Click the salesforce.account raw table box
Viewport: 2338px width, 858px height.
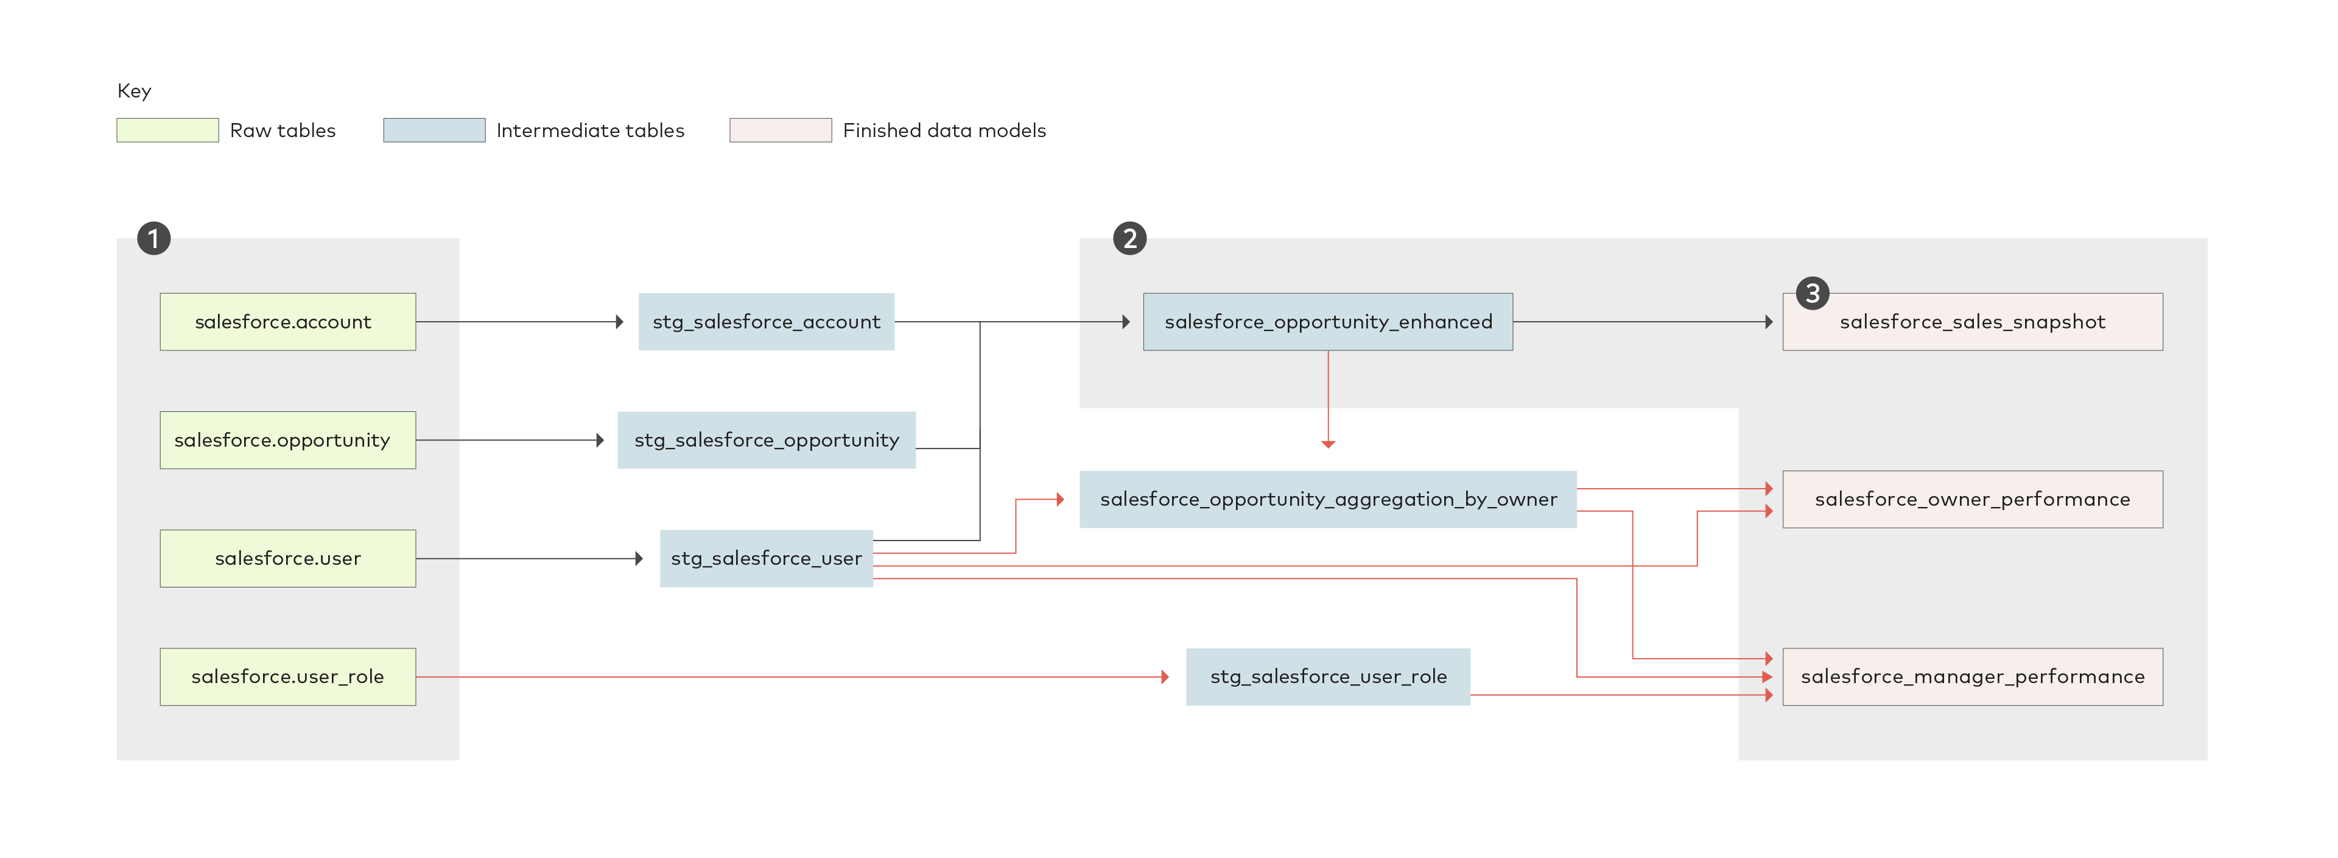pyautogui.click(x=288, y=321)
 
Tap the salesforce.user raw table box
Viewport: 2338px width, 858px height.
pyautogui.click(x=288, y=558)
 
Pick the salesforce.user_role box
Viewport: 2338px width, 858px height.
pyautogui.click(x=288, y=676)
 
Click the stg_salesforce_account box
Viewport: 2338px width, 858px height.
pyautogui.click(x=766, y=321)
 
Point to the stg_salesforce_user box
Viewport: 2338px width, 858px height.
pyautogui.click(x=766, y=558)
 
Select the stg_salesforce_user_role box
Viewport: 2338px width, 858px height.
pyautogui.click(x=1328, y=676)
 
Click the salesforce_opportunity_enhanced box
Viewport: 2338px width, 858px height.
pyautogui.click(x=1328, y=321)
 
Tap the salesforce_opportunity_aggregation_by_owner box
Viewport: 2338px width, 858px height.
pyautogui.click(x=1328, y=499)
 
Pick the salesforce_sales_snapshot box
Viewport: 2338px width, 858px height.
pyautogui.click(x=1972, y=321)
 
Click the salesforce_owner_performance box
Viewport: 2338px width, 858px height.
pyautogui.click(x=1972, y=499)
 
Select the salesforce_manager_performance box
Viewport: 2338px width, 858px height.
pyautogui.click(x=1972, y=676)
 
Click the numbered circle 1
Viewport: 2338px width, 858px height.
pyautogui.click(x=153, y=239)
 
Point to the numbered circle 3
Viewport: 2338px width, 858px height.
pyautogui.click(x=1813, y=293)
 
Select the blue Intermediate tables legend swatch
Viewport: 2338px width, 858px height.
pyautogui.click(x=434, y=130)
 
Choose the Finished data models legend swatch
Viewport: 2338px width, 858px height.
pyautogui.click(x=781, y=130)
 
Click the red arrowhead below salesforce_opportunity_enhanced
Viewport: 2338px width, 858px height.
pyautogui.click(x=1328, y=444)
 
